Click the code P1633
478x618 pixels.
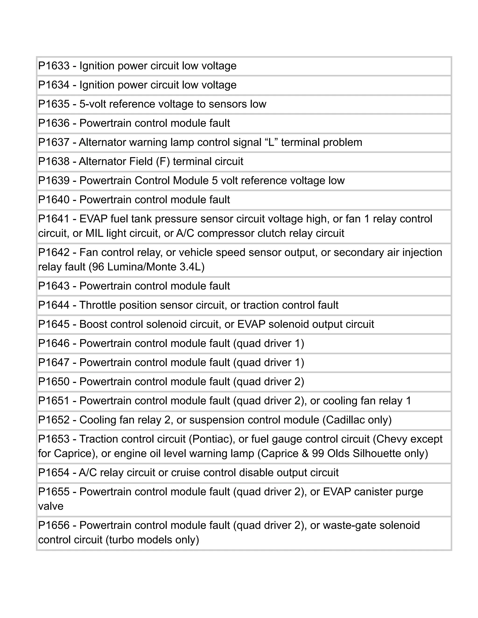[54, 66]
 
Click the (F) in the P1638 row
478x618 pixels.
[162, 162]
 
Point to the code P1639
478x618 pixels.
[54, 181]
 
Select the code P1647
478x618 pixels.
[54, 362]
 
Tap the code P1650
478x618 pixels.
[54, 382]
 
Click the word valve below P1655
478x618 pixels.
[51, 506]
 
